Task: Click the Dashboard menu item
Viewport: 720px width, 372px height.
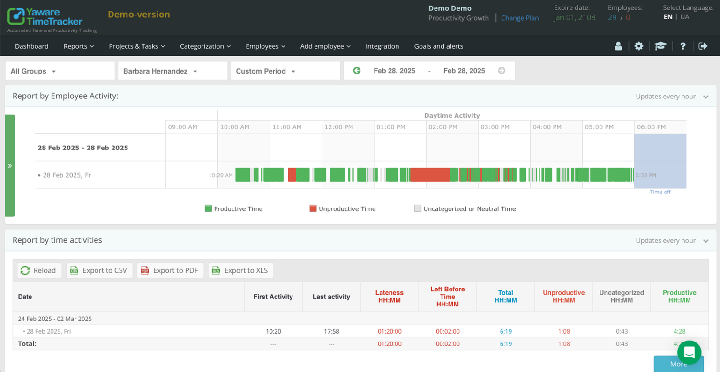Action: (31, 46)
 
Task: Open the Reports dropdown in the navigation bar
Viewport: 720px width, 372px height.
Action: (78, 46)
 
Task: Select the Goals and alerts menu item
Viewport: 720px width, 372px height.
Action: (438, 46)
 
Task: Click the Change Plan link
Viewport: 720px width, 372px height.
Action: (519, 18)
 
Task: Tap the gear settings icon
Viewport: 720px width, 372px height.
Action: (638, 46)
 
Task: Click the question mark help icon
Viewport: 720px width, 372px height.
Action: (682, 46)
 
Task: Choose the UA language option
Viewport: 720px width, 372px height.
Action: (684, 17)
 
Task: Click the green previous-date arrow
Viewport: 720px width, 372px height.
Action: (357, 71)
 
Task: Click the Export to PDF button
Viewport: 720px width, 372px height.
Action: (170, 270)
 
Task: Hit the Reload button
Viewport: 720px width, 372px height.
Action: (39, 270)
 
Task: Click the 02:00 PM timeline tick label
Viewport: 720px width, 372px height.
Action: (442, 127)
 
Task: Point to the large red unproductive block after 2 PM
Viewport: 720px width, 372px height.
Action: (429, 175)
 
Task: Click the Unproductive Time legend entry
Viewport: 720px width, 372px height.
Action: (342, 209)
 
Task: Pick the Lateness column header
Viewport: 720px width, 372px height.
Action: (389, 297)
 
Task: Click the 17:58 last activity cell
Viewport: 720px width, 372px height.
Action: (331, 331)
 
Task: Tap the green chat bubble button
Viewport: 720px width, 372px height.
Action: (689, 352)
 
